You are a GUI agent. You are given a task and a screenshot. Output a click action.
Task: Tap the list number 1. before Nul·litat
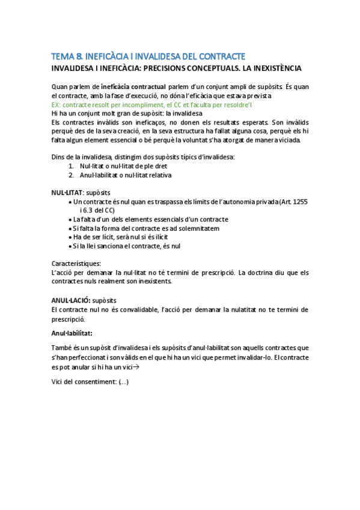(x=71, y=166)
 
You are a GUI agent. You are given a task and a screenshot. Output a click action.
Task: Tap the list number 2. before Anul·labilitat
(x=71, y=175)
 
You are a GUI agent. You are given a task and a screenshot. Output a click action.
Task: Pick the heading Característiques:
(x=76, y=263)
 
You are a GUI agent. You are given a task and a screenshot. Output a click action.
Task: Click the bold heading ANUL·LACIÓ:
(x=71, y=300)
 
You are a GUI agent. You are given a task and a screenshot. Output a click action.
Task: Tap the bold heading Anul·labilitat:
(x=72, y=333)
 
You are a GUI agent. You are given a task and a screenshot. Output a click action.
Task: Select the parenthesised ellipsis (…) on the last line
(x=123, y=382)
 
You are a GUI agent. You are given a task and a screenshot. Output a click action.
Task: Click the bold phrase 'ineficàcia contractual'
(x=130, y=87)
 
